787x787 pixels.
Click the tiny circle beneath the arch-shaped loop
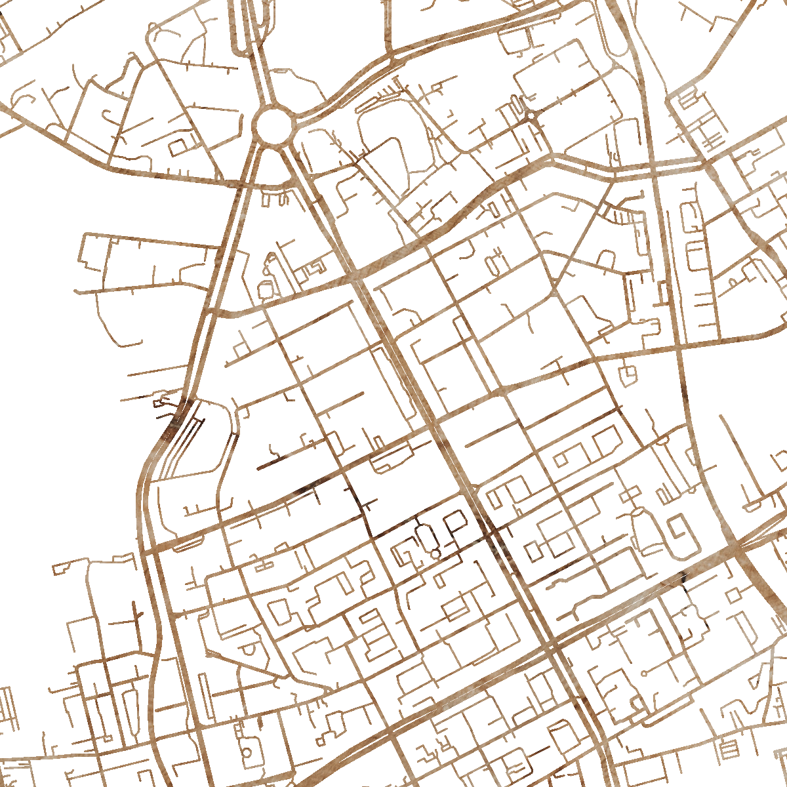[435, 555]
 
